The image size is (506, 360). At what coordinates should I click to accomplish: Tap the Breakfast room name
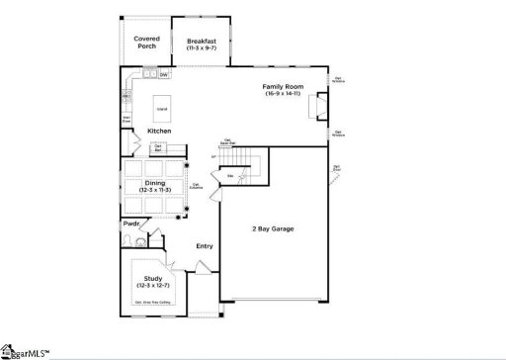(x=201, y=40)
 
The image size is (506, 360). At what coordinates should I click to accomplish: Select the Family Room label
(x=281, y=87)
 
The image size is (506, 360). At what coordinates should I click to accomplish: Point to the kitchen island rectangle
(x=162, y=106)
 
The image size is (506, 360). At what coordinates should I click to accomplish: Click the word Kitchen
(x=159, y=131)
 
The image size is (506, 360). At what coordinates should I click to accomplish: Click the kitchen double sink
(x=148, y=74)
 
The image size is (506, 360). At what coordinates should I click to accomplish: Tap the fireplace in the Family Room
(x=319, y=105)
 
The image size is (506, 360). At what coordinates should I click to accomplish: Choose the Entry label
(x=205, y=246)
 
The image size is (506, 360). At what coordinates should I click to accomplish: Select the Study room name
(x=152, y=278)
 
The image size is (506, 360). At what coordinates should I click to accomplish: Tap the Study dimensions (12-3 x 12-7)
(x=152, y=285)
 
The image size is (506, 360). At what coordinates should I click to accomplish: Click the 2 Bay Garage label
(x=272, y=228)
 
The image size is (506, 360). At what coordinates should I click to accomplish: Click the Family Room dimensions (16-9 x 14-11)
(x=281, y=94)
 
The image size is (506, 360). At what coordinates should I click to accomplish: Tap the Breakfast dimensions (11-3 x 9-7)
(x=201, y=46)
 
